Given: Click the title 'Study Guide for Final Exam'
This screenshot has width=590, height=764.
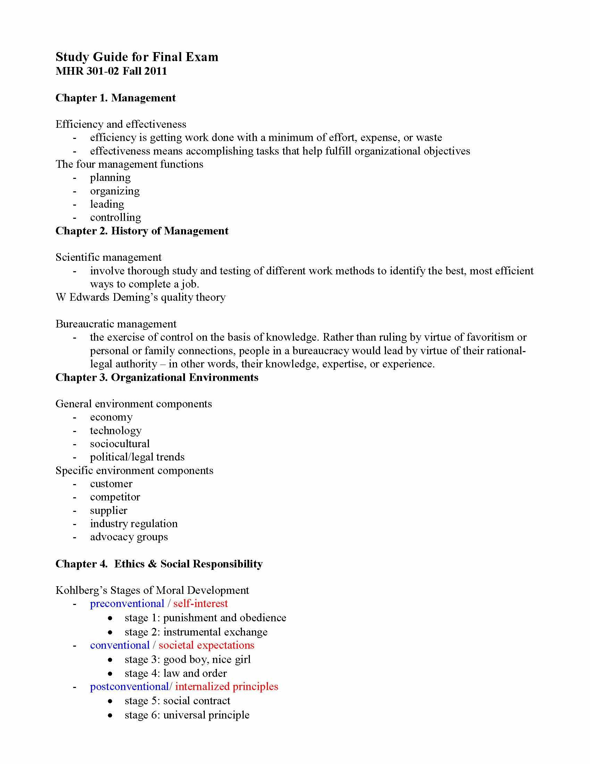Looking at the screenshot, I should (137, 57).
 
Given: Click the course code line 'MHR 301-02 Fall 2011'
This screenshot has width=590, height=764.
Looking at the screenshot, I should (111, 71).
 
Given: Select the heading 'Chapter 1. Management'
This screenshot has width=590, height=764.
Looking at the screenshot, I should (115, 98).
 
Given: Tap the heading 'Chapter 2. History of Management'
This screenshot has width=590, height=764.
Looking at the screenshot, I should (142, 231).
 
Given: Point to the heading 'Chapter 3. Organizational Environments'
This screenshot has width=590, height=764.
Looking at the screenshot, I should (157, 377).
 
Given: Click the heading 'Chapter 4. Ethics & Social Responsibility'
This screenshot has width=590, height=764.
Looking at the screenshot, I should (159, 564).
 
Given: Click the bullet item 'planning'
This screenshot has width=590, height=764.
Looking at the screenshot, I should (110, 178).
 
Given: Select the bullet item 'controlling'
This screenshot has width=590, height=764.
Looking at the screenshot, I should (115, 218).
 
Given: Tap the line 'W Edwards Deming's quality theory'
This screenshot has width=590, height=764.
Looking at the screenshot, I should (140, 297).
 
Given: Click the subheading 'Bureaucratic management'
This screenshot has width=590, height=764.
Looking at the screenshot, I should (116, 324).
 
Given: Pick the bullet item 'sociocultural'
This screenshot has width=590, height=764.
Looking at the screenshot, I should (119, 444).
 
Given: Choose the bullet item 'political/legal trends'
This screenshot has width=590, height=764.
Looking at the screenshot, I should (137, 457).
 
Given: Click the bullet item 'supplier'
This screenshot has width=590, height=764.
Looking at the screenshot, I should (108, 510).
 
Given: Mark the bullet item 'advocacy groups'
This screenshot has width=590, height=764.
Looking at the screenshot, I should (129, 537).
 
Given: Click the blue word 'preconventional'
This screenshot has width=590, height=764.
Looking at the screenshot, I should (127, 604).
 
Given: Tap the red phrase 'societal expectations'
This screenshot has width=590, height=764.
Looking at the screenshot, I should (206, 645).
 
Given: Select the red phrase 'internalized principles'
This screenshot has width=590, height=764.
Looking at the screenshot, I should (227, 686).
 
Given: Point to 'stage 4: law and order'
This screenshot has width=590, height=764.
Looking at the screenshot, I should (176, 673).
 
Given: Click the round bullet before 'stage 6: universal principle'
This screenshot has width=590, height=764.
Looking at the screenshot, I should (110, 716).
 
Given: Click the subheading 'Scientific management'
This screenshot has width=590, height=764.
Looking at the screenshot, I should (108, 257).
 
